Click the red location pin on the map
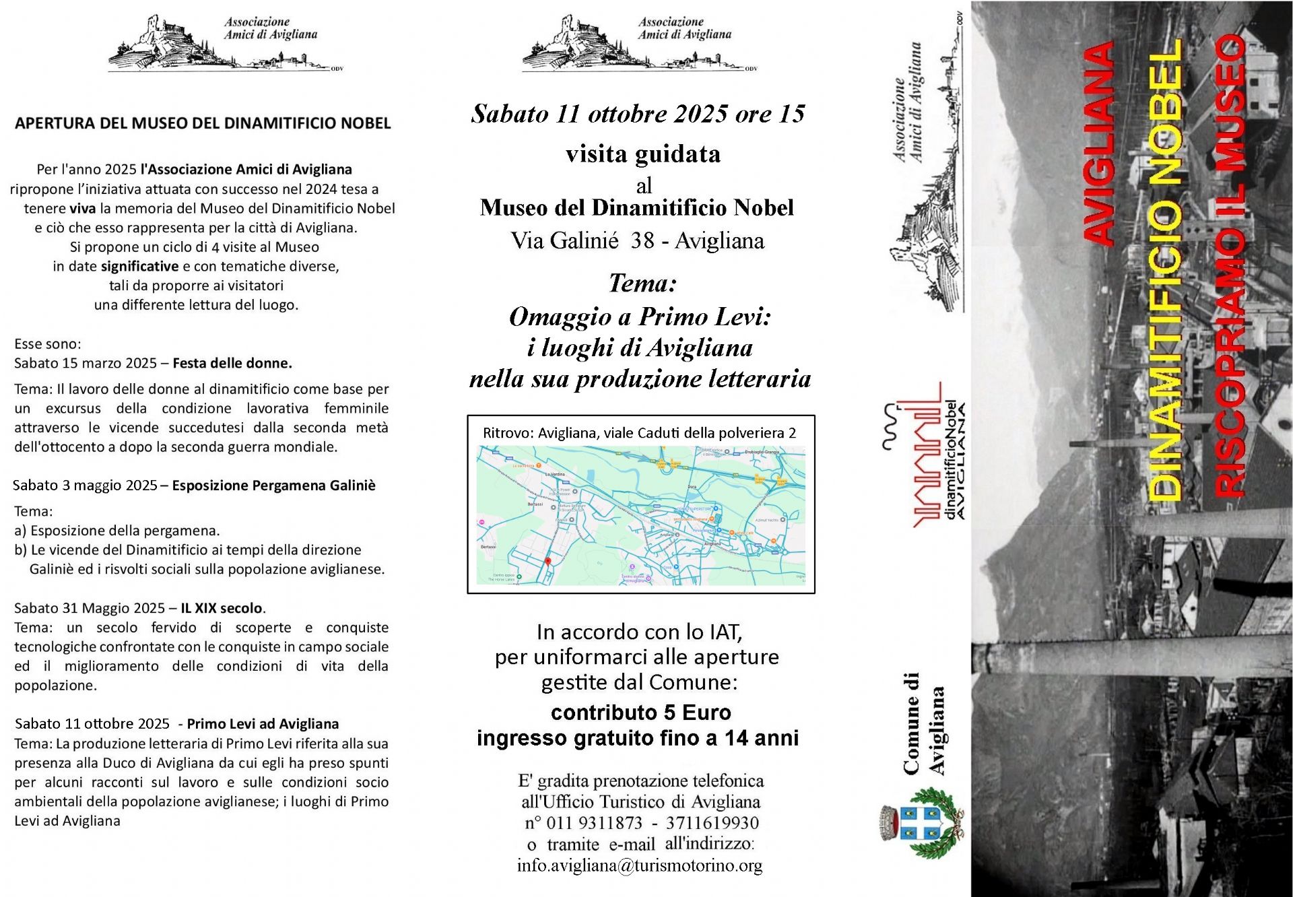548,561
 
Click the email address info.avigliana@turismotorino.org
639,865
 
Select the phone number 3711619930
712,823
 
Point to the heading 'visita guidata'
642,154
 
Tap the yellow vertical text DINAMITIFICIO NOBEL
1165,269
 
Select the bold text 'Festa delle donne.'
232,364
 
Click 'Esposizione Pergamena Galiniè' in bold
273,486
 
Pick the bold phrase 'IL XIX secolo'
222,608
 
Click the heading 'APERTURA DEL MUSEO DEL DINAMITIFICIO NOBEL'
203,123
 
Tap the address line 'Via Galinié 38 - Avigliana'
637,241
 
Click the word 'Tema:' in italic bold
642,284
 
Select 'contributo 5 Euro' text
640,712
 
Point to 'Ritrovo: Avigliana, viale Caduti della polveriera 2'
639,433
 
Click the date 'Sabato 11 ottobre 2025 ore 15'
638,114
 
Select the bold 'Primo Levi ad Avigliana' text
263,724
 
